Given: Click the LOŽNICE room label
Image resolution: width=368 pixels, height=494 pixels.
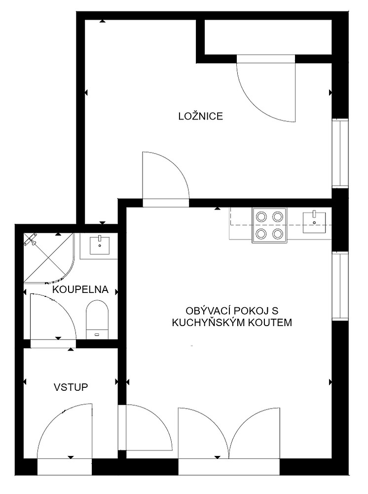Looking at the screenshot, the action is coord(200,116).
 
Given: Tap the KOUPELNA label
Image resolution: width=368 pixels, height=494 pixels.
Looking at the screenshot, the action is coord(80,289).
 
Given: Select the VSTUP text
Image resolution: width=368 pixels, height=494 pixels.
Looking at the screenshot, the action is coord(71,387).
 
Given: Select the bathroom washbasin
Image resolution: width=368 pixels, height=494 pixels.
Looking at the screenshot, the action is coord(100,245).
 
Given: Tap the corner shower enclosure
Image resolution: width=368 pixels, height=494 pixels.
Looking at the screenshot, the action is coord(49,257).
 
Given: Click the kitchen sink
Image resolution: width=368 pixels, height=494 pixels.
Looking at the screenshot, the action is coord(314,222).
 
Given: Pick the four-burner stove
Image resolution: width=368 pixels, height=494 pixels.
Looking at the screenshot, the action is coord(269,225).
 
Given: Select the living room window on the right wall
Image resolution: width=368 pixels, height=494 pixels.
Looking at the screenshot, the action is coord(340,286).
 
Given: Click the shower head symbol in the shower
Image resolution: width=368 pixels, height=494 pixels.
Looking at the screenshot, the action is coord(31,240).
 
